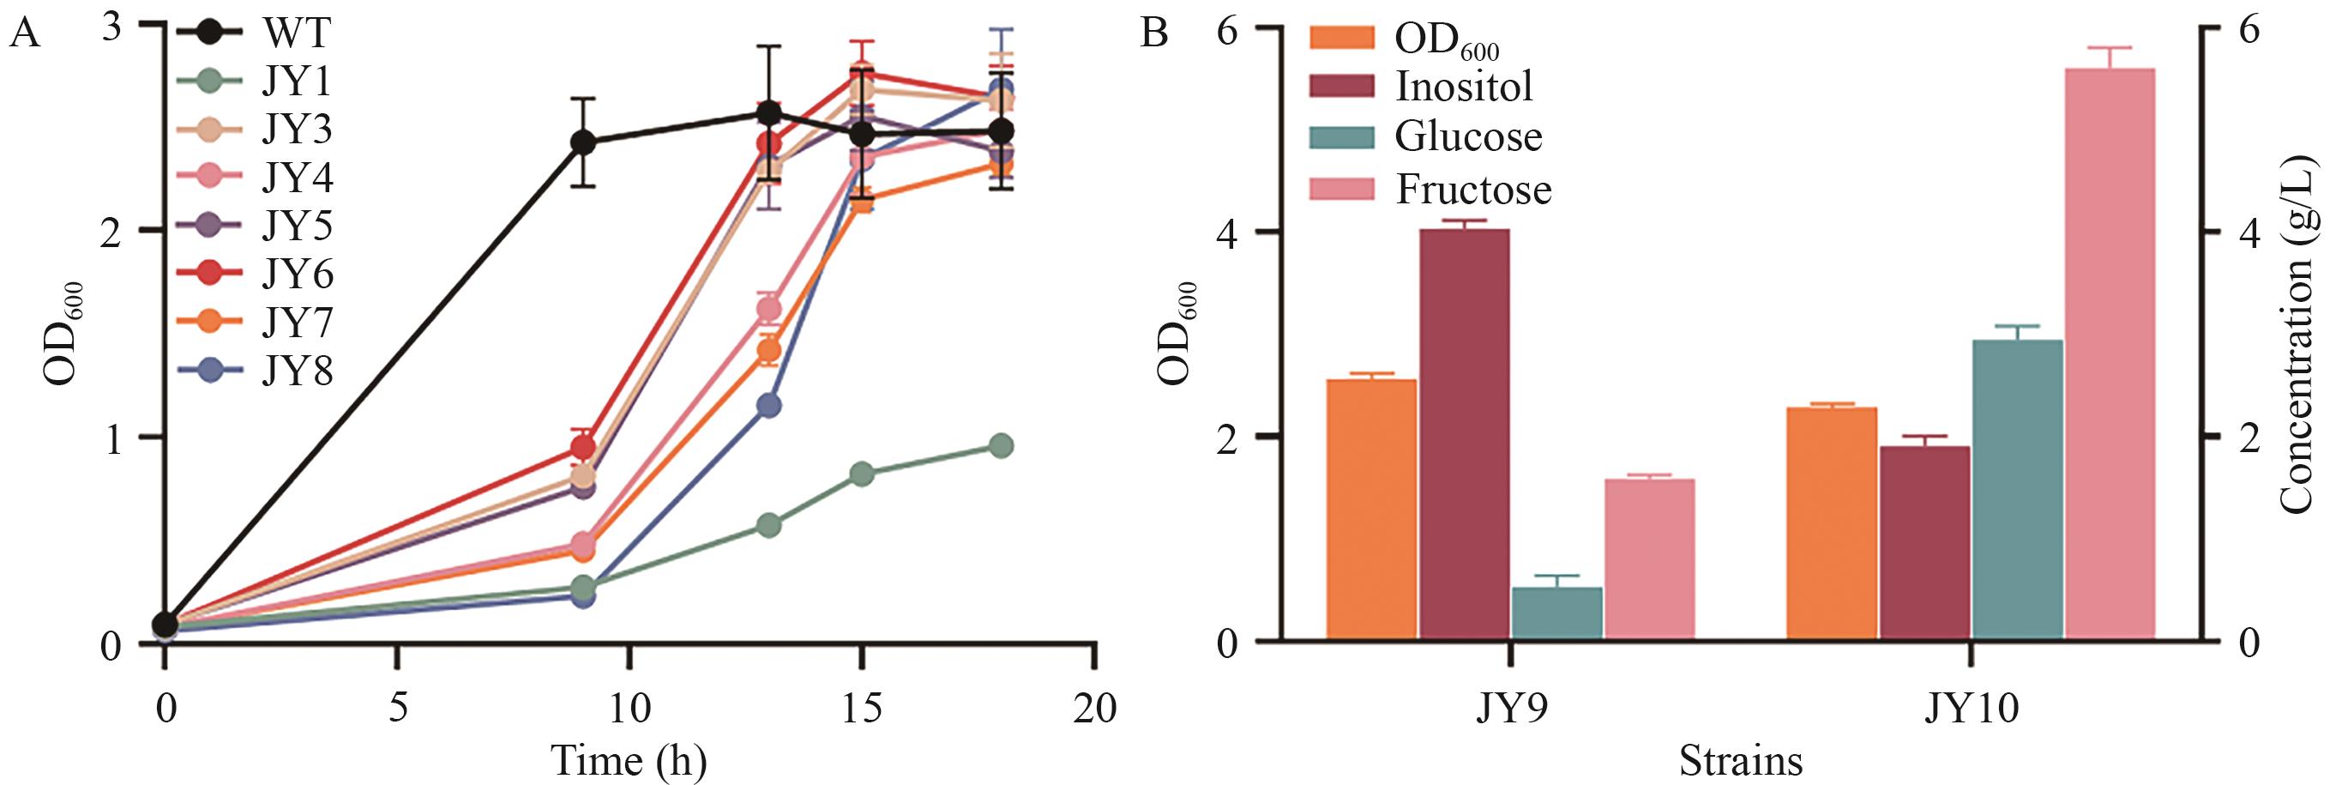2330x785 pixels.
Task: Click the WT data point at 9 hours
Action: pos(582,143)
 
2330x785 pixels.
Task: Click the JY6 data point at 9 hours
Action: pos(582,447)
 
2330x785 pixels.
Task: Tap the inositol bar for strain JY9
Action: pos(1465,434)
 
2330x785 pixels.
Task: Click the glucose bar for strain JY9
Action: pos(1556,614)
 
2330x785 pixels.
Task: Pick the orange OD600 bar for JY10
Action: pos(1833,523)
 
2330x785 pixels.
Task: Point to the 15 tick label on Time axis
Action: pos(862,709)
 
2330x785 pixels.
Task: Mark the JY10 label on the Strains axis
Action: pos(1970,709)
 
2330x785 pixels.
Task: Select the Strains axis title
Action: pos(1740,762)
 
